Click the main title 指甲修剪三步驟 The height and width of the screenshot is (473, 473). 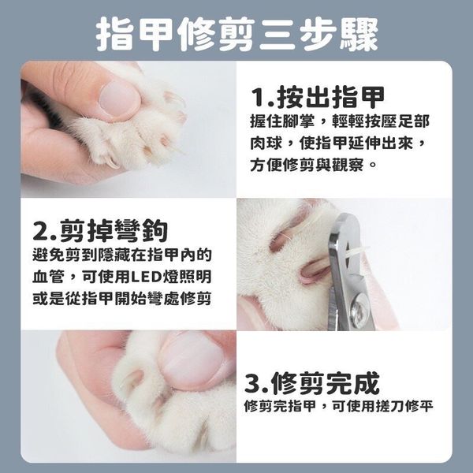236,34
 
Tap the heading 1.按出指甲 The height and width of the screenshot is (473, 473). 318,97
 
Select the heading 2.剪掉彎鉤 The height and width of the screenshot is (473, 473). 100,230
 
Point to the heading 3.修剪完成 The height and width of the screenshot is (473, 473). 311,383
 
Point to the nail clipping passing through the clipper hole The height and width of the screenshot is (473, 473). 357,252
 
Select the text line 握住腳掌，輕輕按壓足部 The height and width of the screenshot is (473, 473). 340,121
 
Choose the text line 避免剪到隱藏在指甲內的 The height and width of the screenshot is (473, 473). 122,255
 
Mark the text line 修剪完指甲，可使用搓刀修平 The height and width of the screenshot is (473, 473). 339,406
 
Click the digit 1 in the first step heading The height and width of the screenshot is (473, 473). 259,97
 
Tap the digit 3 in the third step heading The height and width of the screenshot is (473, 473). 252,383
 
